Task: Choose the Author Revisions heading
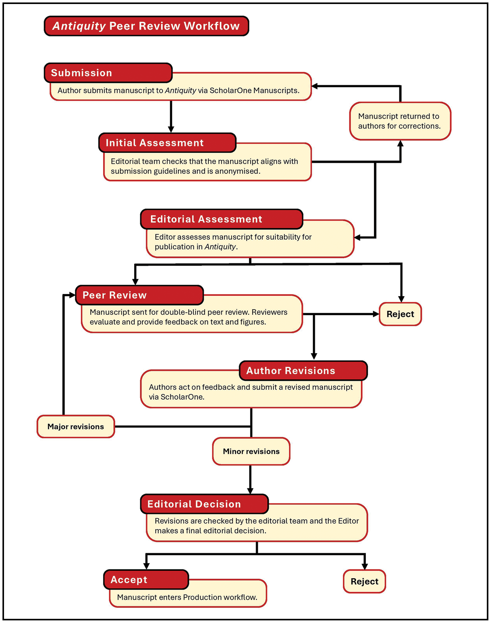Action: [x=303, y=370]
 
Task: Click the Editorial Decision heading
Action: [x=204, y=504]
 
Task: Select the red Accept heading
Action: [x=146, y=580]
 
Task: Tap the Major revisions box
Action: [x=76, y=426]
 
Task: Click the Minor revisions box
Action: [x=251, y=451]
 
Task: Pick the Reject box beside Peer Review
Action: [x=400, y=314]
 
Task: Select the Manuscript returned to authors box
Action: [x=400, y=121]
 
